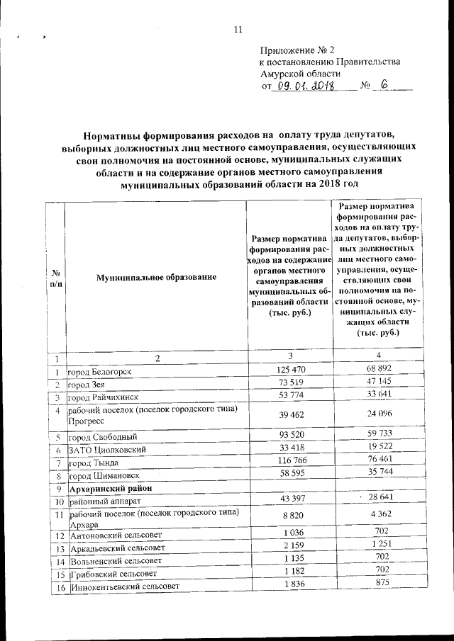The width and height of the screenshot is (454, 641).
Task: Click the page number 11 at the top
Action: click(238, 29)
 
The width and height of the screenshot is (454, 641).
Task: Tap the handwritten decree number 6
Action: click(384, 85)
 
